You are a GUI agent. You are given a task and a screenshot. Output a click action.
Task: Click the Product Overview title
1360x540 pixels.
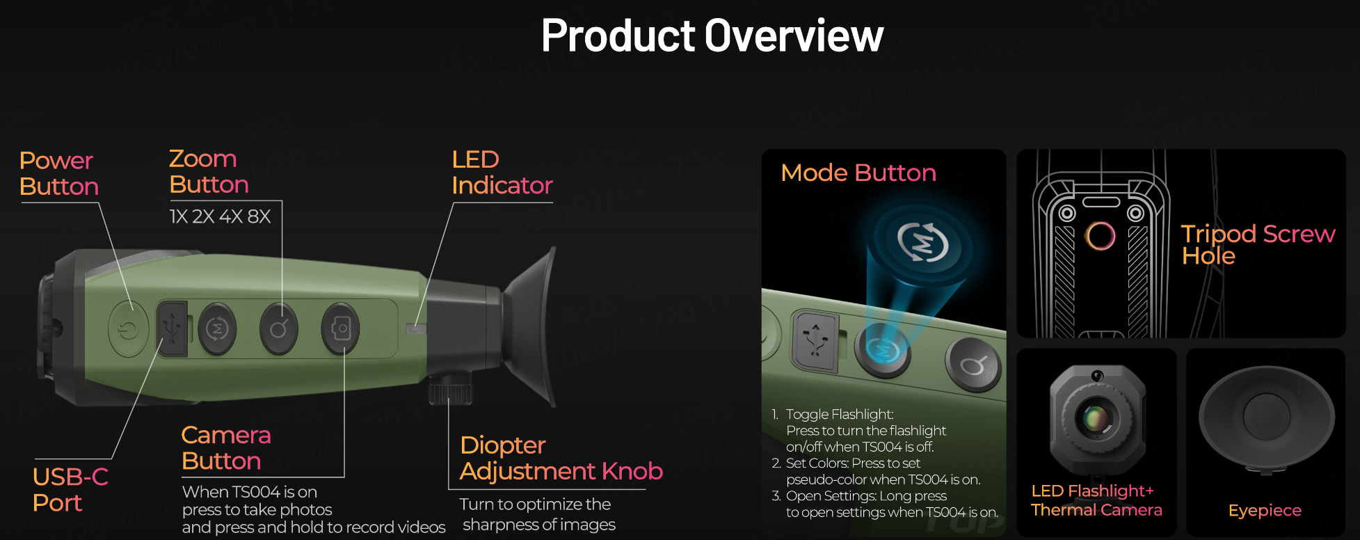pos(712,35)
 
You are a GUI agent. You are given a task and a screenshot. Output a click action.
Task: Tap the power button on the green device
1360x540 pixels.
pos(129,329)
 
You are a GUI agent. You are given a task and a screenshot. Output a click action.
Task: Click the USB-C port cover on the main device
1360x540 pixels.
pos(172,328)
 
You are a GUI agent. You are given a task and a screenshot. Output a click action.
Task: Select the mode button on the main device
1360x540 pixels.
pos(218,328)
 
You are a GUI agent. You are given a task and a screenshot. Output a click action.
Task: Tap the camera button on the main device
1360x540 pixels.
pos(341,328)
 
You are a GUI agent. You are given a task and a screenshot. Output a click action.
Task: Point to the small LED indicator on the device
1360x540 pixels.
pos(416,328)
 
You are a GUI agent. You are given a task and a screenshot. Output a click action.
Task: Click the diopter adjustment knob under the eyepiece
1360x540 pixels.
pos(451,390)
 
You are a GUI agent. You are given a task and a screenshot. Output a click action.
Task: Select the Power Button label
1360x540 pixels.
pos(59,173)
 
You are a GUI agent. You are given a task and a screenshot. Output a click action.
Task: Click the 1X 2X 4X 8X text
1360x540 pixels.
pos(220,216)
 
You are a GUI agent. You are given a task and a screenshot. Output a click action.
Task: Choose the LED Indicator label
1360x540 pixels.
pos(502,173)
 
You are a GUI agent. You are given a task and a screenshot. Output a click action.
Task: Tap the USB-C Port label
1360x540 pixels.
pos(70,490)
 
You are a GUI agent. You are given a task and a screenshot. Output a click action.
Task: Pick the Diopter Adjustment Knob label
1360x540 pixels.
pos(561,458)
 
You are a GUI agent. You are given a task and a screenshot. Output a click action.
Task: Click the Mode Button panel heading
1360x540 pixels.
pos(858,173)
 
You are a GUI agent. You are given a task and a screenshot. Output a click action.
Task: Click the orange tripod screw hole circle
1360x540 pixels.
pos(1101,236)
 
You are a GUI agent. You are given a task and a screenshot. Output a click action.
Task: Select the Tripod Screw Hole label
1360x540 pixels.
pos(1258,244)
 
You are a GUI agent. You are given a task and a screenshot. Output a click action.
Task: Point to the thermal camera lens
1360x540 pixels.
pos(1096,418)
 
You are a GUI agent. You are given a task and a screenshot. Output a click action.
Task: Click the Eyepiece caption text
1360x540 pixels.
pos(1265,511)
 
